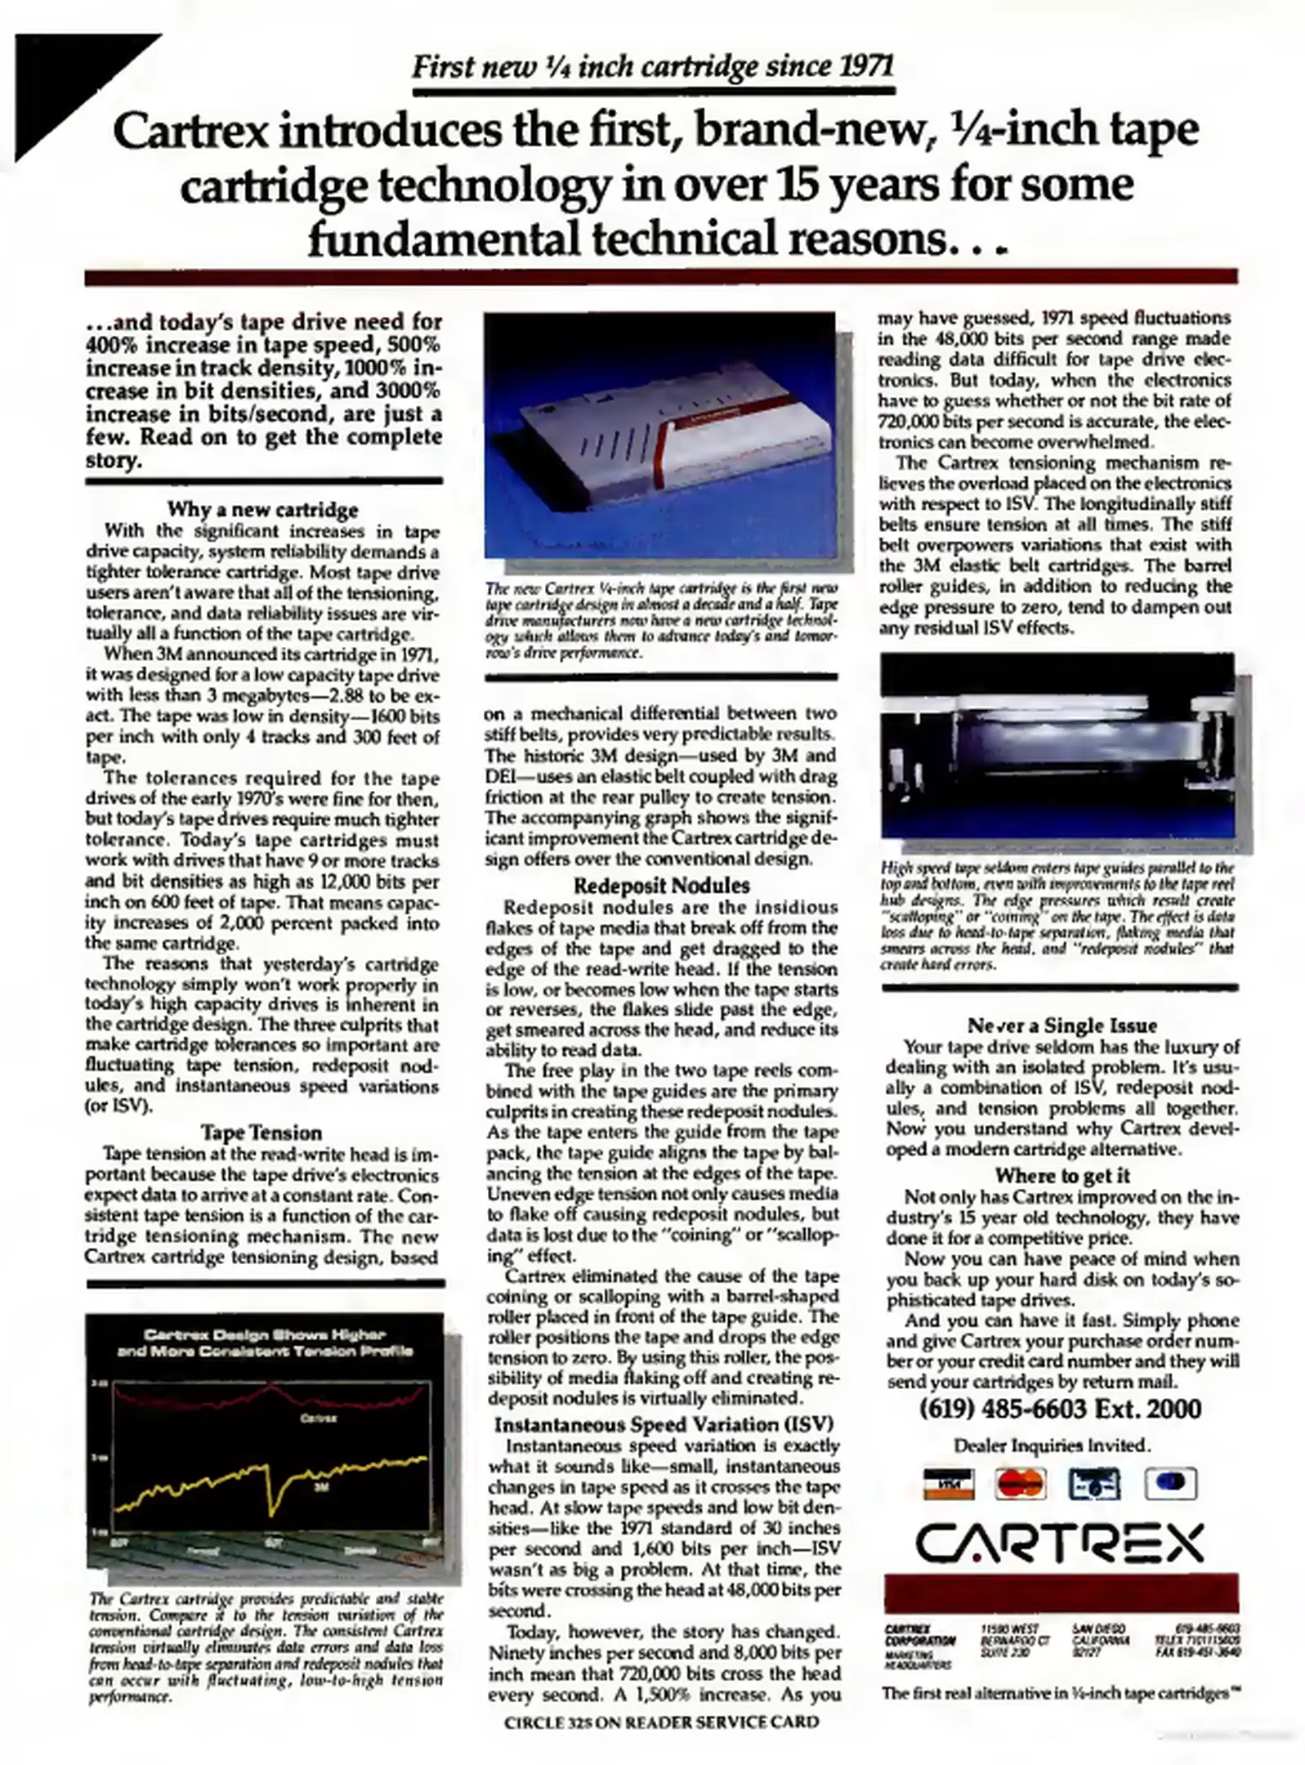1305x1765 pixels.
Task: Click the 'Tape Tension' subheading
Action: click(x=261, y=1133)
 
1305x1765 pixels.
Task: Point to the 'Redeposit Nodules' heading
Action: click(x=661, y=886)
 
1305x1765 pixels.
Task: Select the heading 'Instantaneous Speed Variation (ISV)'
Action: click(x=663, y=1425)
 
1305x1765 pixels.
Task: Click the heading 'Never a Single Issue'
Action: click(x=1062, y=1026)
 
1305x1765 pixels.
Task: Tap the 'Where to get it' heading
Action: click(x=1062, y=1176)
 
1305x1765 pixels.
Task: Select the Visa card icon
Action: click(x=948, y=1483)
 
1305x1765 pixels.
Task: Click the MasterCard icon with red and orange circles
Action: click(x=1021, y=1483)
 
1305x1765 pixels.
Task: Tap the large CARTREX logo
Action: click(x=1060, y=1544)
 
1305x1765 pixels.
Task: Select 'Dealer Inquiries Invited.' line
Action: click(x=1052, y=1446)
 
